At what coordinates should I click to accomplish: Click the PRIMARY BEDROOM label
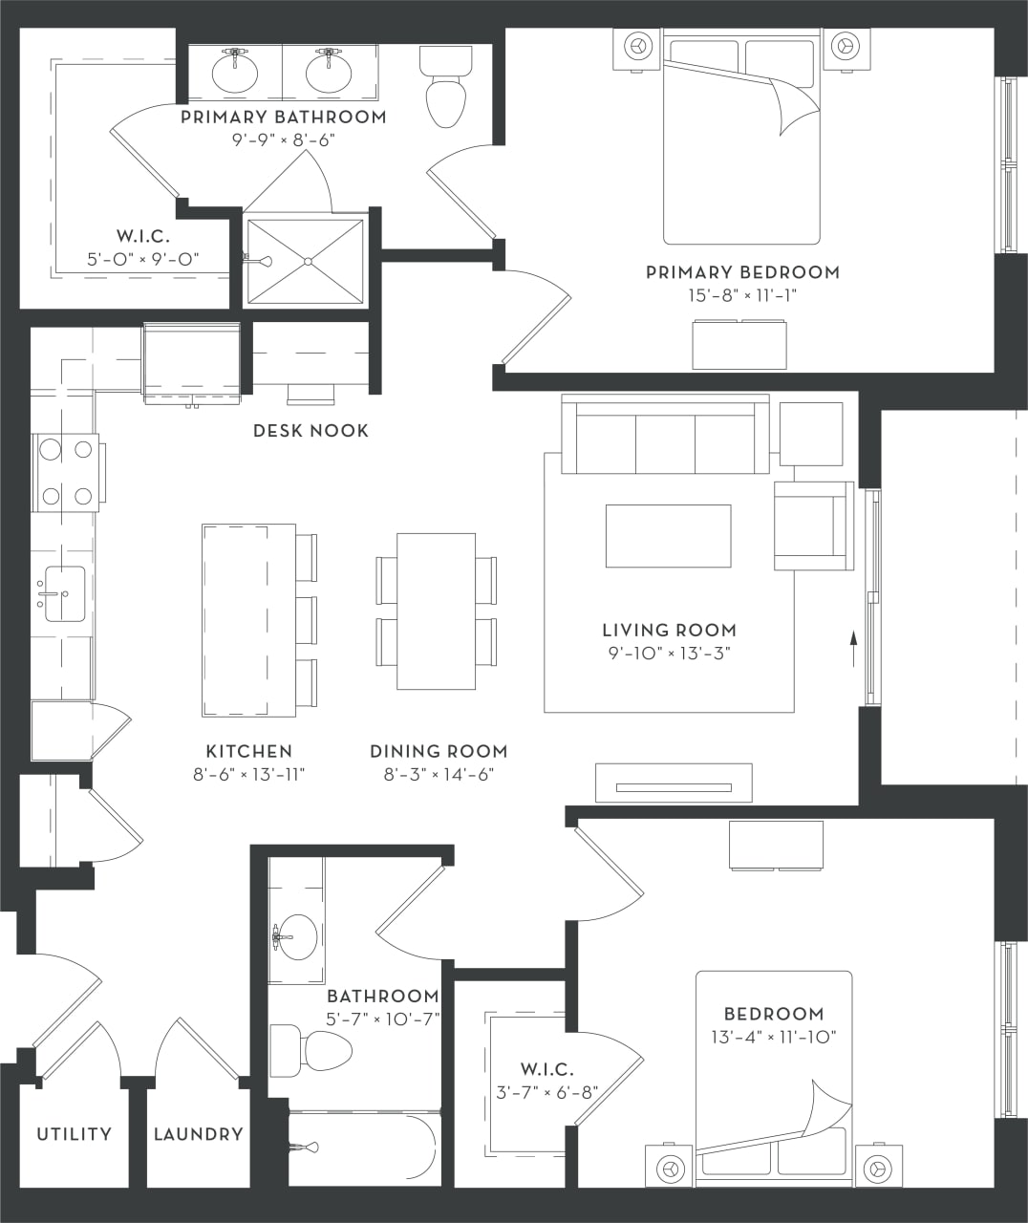click(x=742, y=272)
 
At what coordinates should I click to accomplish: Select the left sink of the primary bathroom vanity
click(x=234, y=74)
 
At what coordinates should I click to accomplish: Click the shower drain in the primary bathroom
click(x=308, y=261)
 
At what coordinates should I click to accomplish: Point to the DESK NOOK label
click(x=311, y=431)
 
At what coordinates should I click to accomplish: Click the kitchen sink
click(x=64, y=593)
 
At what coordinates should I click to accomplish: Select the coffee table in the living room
click(x=668, y=536)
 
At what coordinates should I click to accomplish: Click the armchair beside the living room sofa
click(x=812, y=526)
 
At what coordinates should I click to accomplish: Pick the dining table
click(x=436, y=611)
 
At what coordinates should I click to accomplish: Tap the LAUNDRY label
click(x=199, y=1134)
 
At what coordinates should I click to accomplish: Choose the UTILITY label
click(x=74, y=1134)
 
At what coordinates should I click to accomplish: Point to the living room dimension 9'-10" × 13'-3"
click(x=669, y=654)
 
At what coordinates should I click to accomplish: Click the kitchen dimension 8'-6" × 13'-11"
click(x=248, y=775)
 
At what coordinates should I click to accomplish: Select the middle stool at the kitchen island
click(x=306, y=620)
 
